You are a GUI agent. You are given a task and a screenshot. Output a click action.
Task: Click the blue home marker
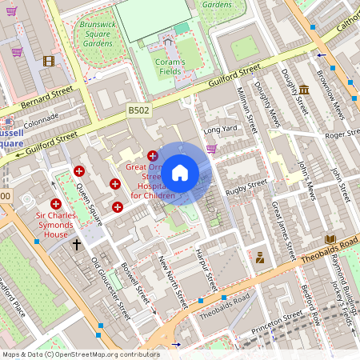180,173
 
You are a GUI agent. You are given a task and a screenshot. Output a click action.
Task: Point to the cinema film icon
50,61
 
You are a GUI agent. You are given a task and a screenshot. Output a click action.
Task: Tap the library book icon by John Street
330,240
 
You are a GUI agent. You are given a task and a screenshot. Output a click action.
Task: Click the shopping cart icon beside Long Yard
211,148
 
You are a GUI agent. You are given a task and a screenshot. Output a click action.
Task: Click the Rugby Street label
246,186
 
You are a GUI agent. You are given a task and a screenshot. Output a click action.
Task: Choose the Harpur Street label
210,272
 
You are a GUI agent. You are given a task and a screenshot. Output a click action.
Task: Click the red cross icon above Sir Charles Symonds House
56,205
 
